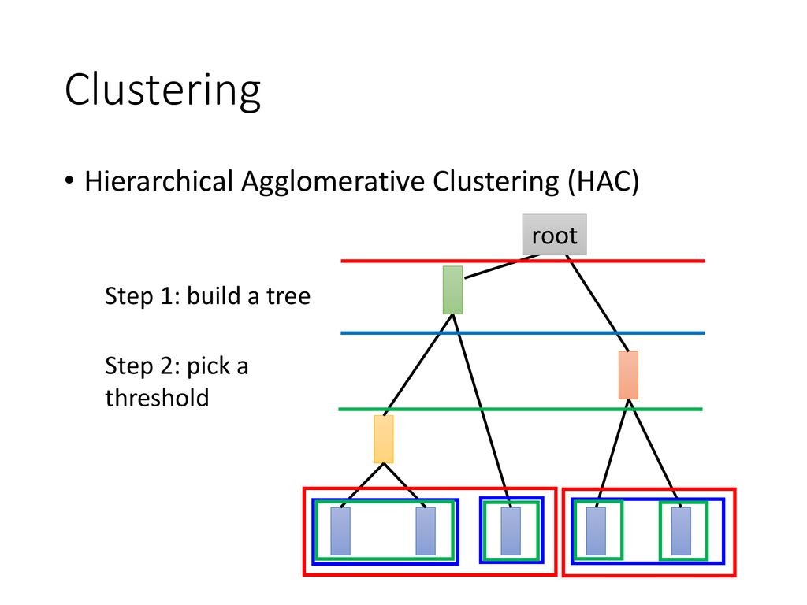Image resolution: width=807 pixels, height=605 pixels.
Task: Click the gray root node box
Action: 554,235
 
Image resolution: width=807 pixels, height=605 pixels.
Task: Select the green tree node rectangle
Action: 452,290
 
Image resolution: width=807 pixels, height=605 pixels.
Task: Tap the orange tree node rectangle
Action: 628,375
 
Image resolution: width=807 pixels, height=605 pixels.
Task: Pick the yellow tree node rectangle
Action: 384,440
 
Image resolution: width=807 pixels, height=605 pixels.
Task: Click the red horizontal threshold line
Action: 523,262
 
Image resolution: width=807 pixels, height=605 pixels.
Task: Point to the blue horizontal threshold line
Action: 523,333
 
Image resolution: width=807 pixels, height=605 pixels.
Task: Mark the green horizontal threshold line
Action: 520,409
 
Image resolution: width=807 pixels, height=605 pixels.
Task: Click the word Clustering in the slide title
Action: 162,91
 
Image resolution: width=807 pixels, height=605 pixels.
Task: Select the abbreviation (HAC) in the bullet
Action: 603,181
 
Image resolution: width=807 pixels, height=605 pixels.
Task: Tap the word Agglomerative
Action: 333,182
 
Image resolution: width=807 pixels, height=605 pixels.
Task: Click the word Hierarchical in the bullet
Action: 159,181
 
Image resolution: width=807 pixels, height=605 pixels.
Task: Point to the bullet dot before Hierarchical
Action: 69,180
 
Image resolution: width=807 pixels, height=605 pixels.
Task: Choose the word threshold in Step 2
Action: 157,398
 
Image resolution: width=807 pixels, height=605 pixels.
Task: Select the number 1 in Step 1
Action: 167,296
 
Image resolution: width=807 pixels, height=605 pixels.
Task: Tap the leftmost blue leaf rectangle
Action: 340,532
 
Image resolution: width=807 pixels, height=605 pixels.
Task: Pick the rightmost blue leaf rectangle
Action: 682,532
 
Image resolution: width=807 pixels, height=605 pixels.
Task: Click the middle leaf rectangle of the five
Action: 511,532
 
